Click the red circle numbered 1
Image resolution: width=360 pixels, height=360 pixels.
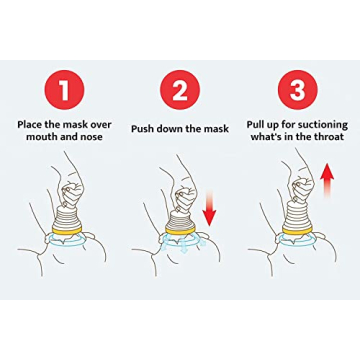pos(65,90)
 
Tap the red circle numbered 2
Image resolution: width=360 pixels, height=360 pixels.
pos(180,90)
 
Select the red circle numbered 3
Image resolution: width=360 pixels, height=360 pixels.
pos(297,90)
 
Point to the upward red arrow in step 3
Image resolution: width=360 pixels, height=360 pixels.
pos(326,187)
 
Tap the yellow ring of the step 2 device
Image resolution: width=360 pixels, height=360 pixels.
pos(181,236)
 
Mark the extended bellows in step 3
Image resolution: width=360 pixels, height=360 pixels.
pos(296,212)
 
